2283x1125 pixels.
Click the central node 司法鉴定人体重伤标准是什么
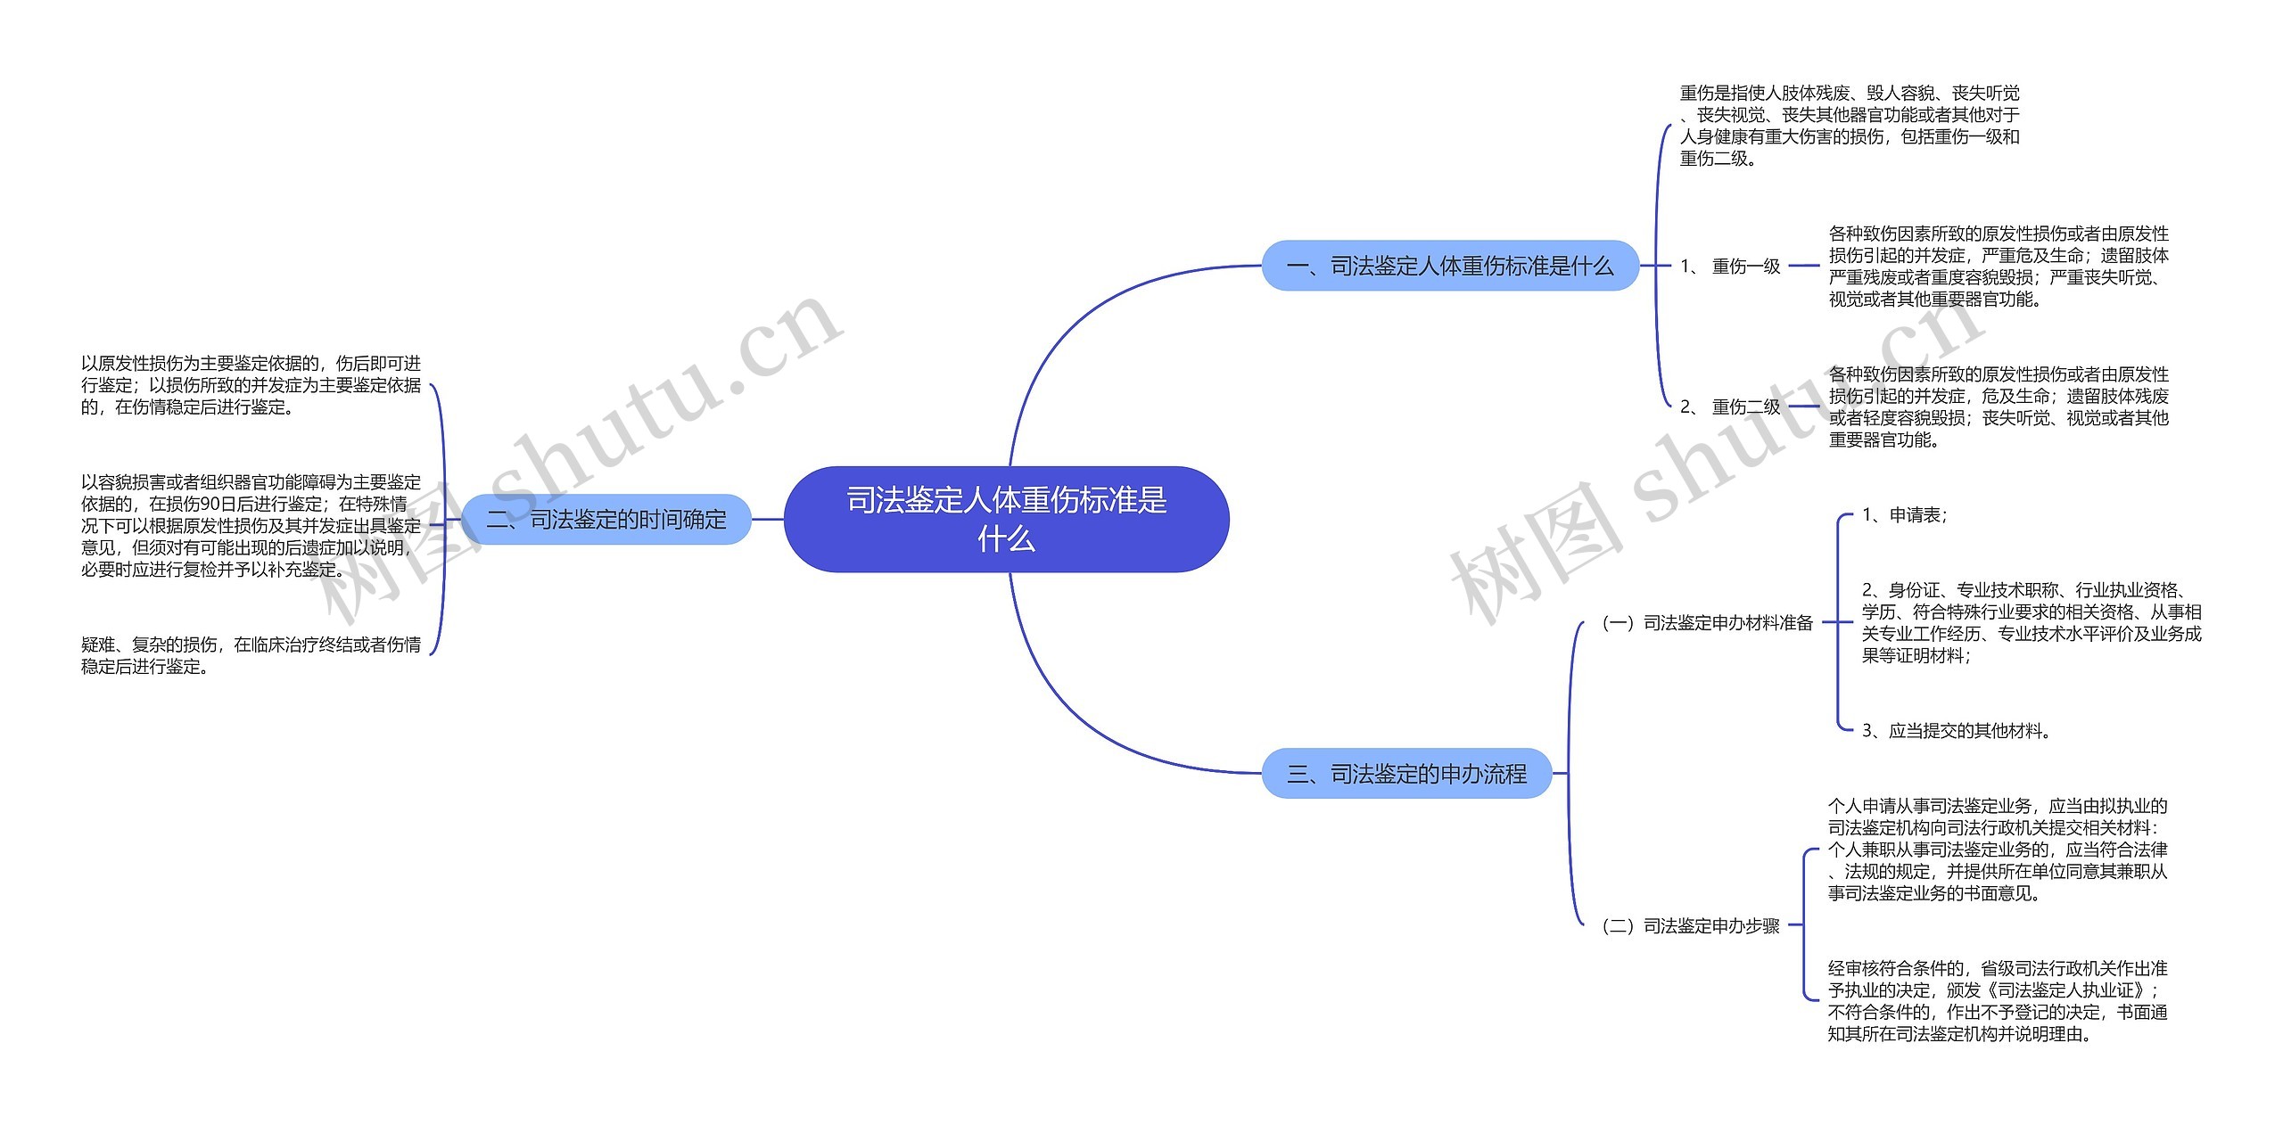pyautogui.click(x=1006, y=519)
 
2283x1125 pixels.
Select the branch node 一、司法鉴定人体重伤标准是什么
pyautogui.click(x=1449, y=266)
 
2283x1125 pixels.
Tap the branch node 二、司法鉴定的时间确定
pyautogui.click(x=606, y=519)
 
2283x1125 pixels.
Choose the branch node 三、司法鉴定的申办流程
pyautogui.click(x=1406, y=773)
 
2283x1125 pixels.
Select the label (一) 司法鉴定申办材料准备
pyautogui.click(x=1707, y=622)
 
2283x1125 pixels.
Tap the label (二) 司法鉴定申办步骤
pyautogui.click(x=1690, y=925)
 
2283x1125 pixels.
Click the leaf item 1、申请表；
pyautogui.click(x=1905, y=514)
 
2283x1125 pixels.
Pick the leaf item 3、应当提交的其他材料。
pyautogui.click(x=1957, y=730)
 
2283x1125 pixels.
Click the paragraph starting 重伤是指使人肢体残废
pyautogui.click(x=1849, y=126)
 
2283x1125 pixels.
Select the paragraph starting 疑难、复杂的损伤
pyautogui.click(x=251, y=655)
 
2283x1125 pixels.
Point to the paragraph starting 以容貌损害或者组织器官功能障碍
pyautogui.click(x=251, y=525)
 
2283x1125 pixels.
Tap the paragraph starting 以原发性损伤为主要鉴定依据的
pyautogui.click(x=251, y=385)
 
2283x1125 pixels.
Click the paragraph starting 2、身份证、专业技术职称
pyautogui.click(x=2031, y=622)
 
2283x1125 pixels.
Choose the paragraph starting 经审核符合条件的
pyautogui.click(x=1997, y=1000)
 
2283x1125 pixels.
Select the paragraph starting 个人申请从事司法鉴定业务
pyautogui.click(x=1997, y=849)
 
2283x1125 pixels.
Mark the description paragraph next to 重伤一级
pyautogui.click(x=1998, y=266)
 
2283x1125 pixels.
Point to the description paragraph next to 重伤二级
pyautogui.click(x=1998, y=406)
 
